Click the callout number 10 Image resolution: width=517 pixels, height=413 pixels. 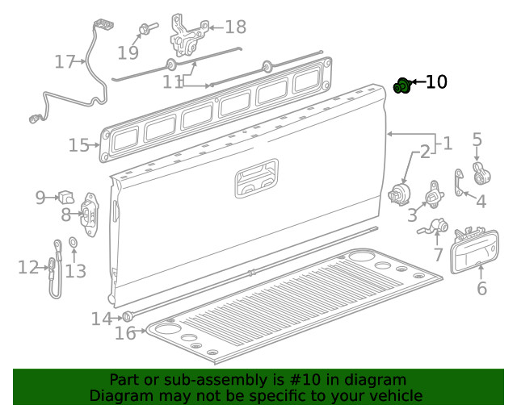point(435,82)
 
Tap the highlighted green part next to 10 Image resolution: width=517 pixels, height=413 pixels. point(402,86)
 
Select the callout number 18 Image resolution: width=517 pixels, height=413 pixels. point(235,27)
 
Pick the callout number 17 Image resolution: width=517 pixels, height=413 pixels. point(65,61)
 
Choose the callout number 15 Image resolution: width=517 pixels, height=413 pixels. point(78,145)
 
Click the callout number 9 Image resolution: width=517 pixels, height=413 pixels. point(40,196)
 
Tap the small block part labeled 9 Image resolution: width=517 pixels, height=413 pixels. point(65,196)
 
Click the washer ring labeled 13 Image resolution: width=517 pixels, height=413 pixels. point(72,242)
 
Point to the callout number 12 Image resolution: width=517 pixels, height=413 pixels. point(28,268)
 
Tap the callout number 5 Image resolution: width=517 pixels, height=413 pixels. point(477,141)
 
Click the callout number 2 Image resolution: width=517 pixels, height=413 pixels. point(424,152)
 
